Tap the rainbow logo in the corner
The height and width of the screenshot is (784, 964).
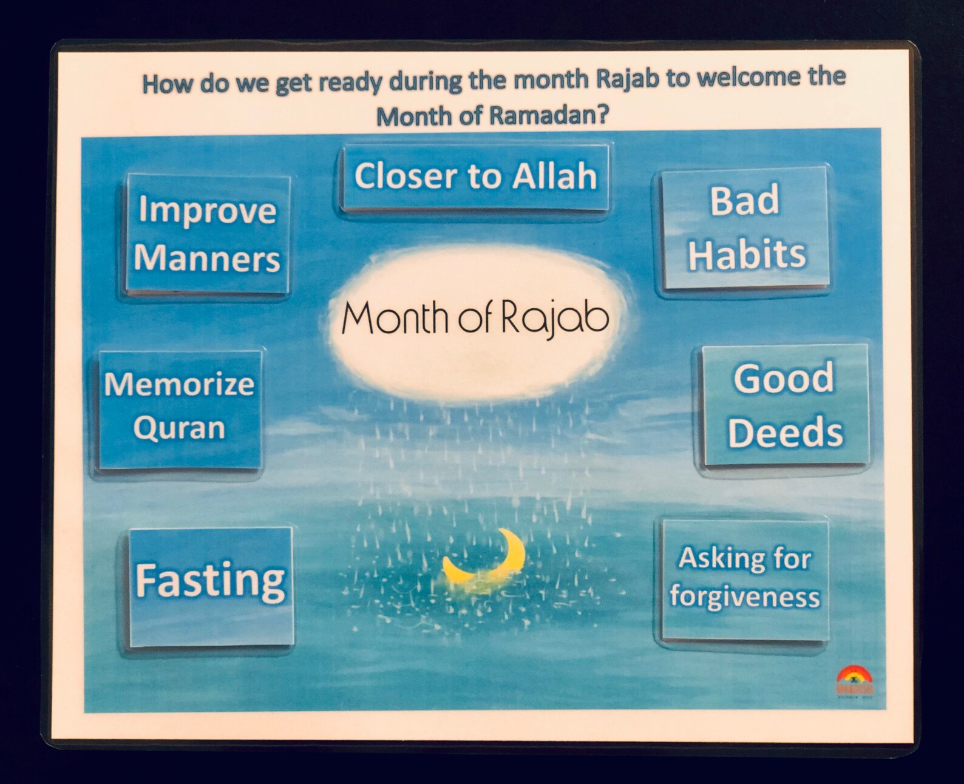tap(854, 679)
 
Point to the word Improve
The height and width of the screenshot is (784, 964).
tap(208, 211)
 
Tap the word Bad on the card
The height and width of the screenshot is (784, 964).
tap(745, 201)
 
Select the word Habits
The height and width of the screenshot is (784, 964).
tap(747, 254)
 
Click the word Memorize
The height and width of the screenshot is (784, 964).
tap(179, 385)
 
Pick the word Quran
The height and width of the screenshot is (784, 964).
tap(179, 428)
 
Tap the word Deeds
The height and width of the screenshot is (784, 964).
tap(786, 432)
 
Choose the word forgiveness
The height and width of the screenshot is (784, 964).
tap(745, 596)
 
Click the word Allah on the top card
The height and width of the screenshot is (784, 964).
tap(554, 177)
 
